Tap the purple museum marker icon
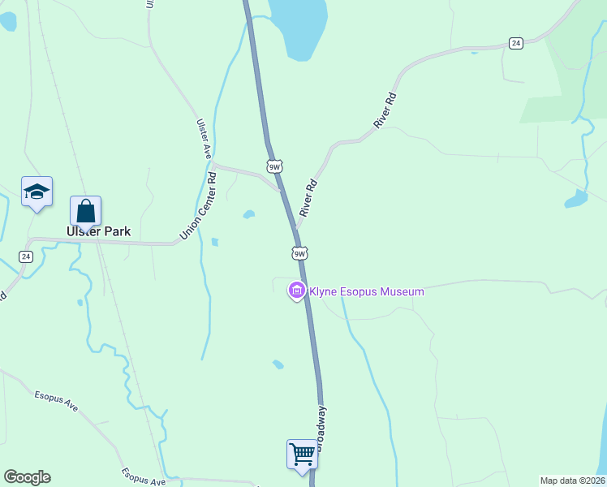297,291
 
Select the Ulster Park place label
98,231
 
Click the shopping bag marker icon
85,211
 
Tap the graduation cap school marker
37,192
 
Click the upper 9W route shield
274,166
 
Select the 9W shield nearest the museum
299,253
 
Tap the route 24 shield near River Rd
515,43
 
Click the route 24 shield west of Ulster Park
26,256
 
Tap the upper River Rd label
385,110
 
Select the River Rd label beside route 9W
307,197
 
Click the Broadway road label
321,427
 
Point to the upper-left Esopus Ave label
56,400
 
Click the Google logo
27,477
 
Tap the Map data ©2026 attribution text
572,481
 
